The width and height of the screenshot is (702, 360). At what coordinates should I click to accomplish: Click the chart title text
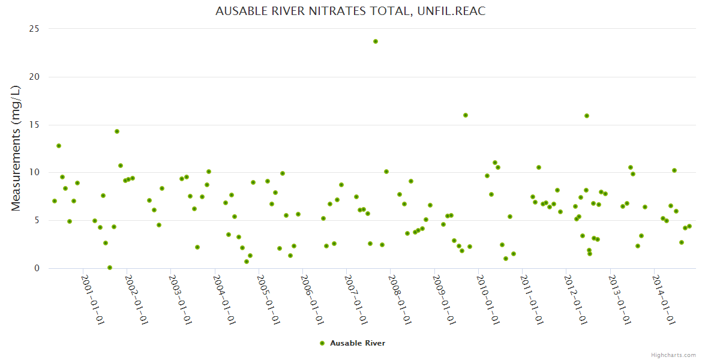(350, 11)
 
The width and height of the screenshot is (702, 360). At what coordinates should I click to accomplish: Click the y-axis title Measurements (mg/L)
(16, 148)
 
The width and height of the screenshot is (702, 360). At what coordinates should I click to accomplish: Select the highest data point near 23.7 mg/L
(376, 41)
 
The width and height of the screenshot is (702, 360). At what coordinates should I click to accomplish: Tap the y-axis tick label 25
(35, 29)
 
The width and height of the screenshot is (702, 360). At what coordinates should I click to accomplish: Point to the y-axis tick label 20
(35, 77)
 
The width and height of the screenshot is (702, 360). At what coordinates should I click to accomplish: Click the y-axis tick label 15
(35, 125)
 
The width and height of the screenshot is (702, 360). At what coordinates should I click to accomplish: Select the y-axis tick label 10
(35, 173)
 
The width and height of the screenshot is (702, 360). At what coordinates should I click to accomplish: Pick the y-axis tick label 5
(37, 221)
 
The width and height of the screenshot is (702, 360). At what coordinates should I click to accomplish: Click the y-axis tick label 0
(37, 269)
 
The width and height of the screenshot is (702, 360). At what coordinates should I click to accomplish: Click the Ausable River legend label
(358, 343)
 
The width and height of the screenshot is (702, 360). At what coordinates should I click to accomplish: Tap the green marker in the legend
(322, 343)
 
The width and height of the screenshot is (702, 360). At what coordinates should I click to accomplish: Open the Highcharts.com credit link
(673, 355)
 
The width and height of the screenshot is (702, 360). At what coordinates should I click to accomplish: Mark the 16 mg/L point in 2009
(466, 115)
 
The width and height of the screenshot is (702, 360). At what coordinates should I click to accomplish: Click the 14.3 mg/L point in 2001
(117, 131)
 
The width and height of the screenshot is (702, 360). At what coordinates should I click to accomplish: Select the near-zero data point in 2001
(110, 268)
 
